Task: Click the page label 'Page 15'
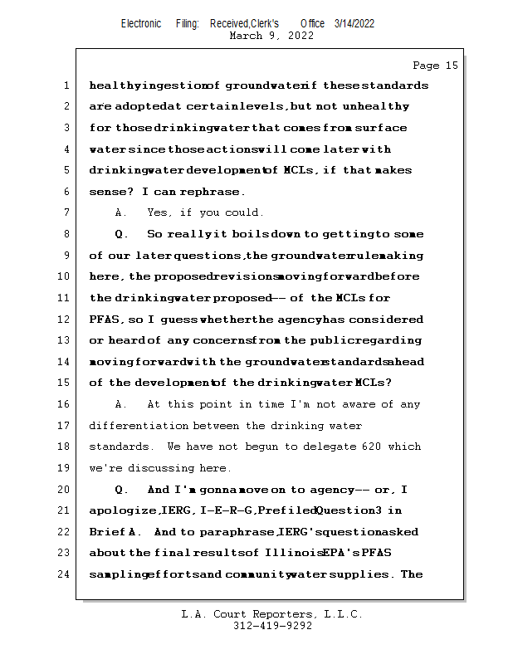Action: (x=435, y=66)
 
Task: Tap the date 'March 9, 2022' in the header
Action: (x=271, y=36)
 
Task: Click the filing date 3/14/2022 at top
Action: (x=354, y=23)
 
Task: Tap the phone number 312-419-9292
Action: (x=272, y=627)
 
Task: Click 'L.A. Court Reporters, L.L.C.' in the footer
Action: (x=271, y=615)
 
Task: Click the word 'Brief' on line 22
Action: (x=106, y=532)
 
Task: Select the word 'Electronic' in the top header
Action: (x=141, y=23)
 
